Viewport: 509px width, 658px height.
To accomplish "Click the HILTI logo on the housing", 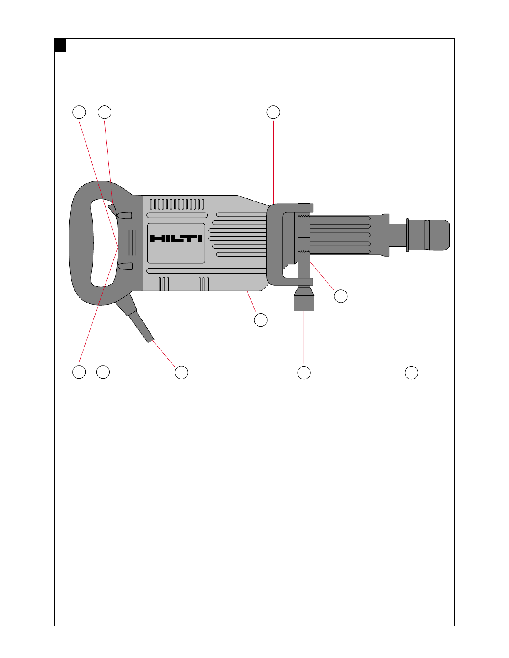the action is coord(176,239).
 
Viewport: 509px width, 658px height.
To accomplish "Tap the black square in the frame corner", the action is coord(61,46).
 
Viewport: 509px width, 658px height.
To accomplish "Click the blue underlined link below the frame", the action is coord(82,654).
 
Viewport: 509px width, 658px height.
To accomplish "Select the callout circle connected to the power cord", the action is coord(182,372).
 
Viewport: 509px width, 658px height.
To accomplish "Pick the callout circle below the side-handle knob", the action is coord(304,373).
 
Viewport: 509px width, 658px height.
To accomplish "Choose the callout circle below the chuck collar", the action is coord(411,373).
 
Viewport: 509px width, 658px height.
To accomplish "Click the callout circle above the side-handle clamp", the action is coord(273,112).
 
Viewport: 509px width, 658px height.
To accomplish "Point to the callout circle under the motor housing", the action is coord(261,320).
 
